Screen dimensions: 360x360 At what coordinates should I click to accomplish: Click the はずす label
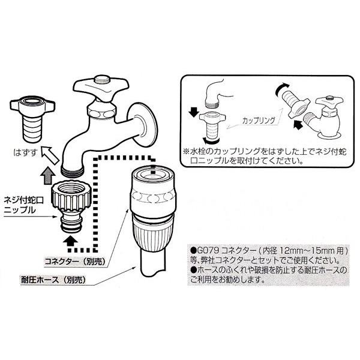[25, 152]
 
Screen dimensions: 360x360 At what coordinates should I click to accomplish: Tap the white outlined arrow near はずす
[50, 155]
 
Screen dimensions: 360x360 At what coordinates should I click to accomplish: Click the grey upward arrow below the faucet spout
[47, 175]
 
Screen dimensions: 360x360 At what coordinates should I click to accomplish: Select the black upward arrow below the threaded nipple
[70, 242]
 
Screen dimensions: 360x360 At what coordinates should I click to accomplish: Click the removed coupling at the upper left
[32, 119]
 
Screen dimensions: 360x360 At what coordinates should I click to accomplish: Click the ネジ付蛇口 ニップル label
[23, 205]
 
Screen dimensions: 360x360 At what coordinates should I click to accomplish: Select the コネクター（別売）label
[75, 262]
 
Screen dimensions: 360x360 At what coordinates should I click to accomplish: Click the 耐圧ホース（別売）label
[53, 280]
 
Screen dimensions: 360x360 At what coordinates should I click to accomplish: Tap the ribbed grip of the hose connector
[154, 235]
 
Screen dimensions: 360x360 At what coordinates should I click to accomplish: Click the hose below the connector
[152, 264]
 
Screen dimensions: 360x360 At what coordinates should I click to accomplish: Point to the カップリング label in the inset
[259, 121]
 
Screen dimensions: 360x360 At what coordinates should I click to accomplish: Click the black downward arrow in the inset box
[194, 112]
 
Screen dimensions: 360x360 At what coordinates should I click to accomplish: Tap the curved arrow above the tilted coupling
[283, 89]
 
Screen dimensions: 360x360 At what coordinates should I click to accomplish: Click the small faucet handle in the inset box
[329, 101]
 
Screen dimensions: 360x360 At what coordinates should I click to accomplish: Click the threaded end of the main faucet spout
[73, 172]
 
